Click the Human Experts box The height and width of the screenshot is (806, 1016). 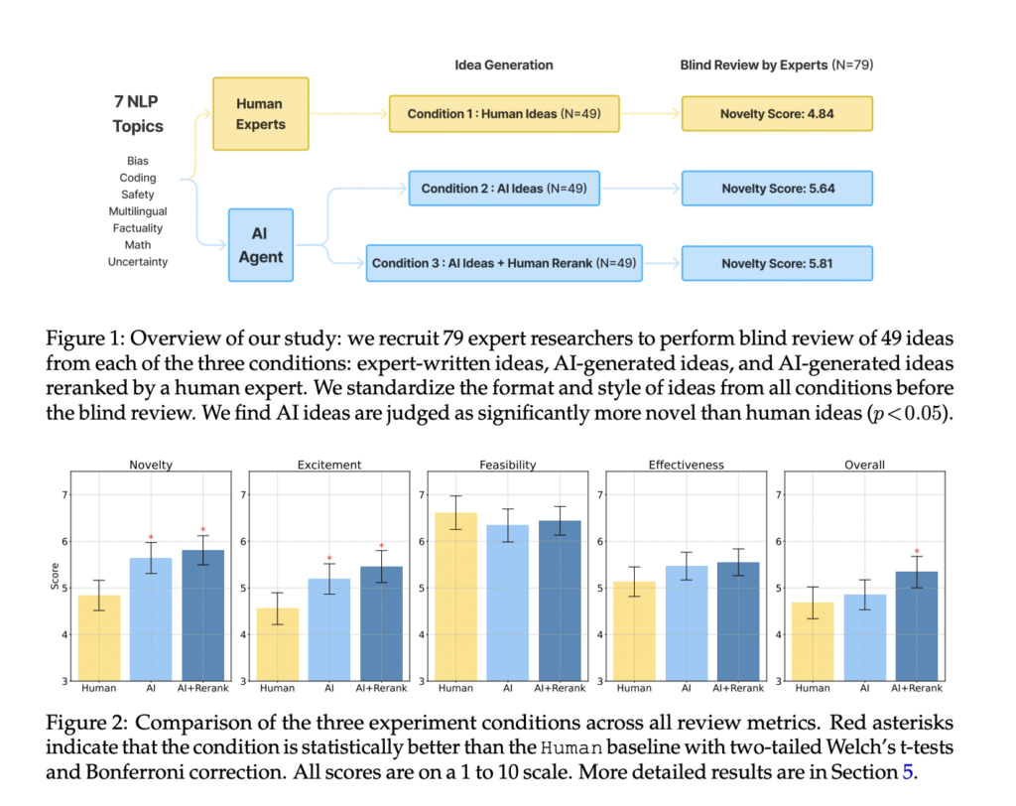coord(260,114)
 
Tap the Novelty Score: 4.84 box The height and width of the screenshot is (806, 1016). coord(776,114)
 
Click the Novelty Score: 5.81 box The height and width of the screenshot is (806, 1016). coord(776,263)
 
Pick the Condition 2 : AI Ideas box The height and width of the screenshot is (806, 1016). coord(505,189)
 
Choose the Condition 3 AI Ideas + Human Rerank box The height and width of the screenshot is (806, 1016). coord(504,263)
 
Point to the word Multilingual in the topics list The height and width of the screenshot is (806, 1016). coord(138,211)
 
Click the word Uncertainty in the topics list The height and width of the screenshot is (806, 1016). coord(138,262)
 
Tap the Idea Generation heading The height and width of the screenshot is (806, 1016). coord(503,65)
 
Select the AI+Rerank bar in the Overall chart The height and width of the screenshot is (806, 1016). coord(916,625)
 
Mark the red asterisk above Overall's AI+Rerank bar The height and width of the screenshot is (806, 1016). coord(916,553)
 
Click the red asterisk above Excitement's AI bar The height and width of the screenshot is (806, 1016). coord(328,559)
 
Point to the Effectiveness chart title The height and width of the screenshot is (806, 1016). coord(686,464)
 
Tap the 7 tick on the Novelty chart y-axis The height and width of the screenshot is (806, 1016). coord(65,495)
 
